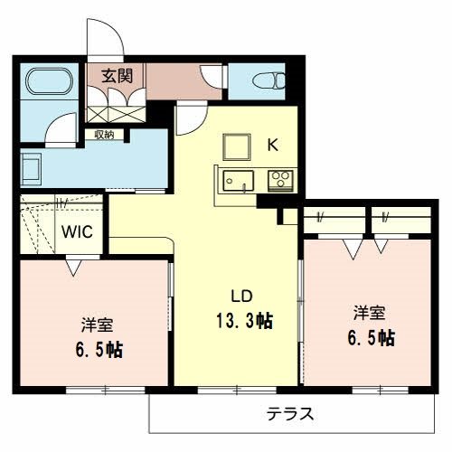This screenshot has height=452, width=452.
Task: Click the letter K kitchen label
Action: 272,142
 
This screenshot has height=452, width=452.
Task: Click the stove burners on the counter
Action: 280,179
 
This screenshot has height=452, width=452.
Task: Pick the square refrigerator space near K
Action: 238,145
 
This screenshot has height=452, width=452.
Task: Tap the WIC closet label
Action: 76,230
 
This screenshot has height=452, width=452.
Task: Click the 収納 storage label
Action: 103,135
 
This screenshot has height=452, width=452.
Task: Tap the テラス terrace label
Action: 290,415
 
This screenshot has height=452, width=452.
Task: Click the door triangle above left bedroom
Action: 72,267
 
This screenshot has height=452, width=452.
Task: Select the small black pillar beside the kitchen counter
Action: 283,217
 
